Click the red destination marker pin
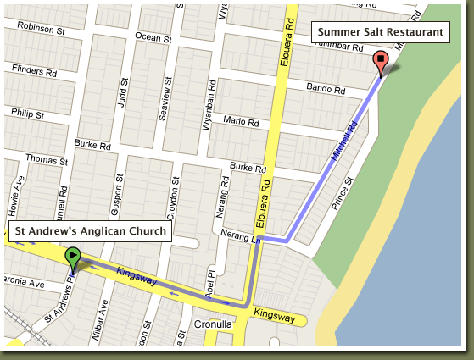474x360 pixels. coord(381,62)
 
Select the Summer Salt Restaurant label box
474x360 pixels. coord(381,32)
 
